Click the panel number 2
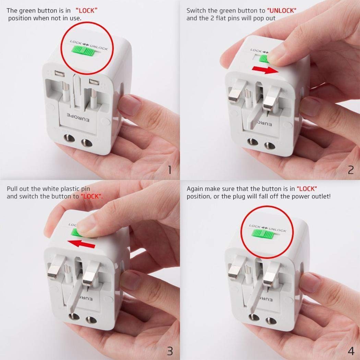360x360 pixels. click(350, 169)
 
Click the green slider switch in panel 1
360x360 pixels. click(84, 51)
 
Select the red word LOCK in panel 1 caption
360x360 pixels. click(86, 11)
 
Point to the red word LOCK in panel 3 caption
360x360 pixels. click(92, 196)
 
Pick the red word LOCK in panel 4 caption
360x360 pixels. click(307, 189)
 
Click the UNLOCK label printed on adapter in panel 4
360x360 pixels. click(277, 230)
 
